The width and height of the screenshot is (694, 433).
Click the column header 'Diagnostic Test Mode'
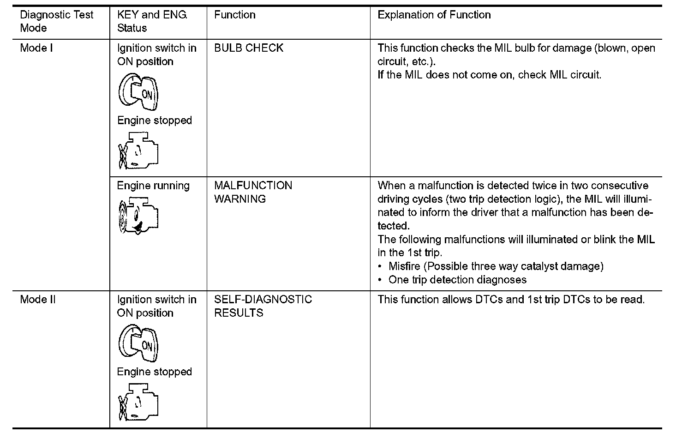click(56, 21)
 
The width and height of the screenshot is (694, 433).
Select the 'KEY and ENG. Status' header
click(152, 21)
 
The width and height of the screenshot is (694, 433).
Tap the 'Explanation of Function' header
click(434, 15)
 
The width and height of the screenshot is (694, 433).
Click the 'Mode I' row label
click(36, 48)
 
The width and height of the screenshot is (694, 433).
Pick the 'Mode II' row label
click(38, 300)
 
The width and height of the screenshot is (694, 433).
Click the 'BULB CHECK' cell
click(248, 48)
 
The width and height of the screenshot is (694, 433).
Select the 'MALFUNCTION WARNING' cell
click(253, 192)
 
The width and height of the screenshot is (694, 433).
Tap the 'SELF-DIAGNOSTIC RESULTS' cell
click(263, 306)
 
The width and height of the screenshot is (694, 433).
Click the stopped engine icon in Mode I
click(138, 150)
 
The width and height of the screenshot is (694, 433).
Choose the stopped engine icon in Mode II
click(138, 402)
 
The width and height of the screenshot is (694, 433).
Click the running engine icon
click(138, 215)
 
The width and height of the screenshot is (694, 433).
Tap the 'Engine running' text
click(153, 186)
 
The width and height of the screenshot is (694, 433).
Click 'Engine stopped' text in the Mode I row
click(154, 120)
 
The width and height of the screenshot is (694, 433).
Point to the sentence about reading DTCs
click(511, 300)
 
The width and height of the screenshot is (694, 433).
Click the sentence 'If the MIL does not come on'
click(489, 75)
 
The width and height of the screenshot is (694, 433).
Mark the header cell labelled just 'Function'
click(234, 15)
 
